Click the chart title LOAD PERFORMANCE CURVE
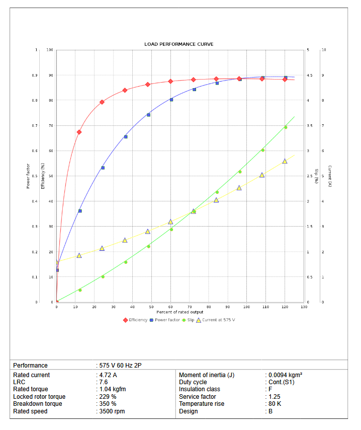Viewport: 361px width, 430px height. [178, 44]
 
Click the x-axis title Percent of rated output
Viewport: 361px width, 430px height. [180, 312]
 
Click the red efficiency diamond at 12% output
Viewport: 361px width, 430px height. [79, 132]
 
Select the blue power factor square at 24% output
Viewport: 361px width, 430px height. [103, 168]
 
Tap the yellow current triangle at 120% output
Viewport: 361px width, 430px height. [285, 161]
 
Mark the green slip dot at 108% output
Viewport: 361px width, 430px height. [262, 150]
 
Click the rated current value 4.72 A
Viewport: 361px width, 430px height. [109, 375]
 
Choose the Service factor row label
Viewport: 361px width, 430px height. [198, 397]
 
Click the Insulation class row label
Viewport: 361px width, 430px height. [200, 389]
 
